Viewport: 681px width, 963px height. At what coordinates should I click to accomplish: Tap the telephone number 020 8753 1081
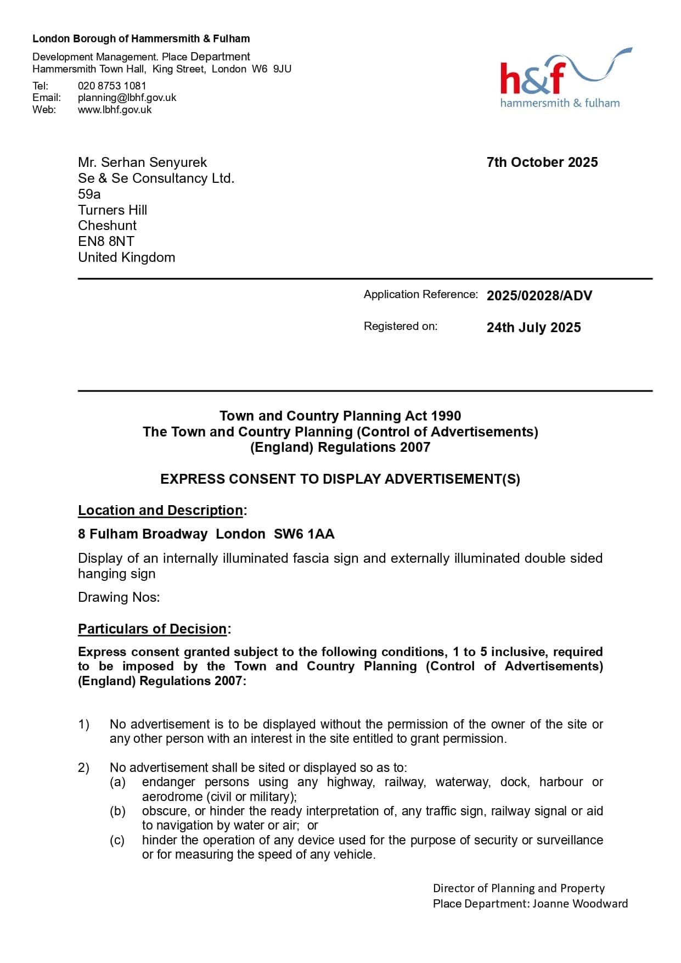[x=112, y=86]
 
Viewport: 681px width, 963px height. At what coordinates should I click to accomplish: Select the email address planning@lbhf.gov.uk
[x=127, y=98]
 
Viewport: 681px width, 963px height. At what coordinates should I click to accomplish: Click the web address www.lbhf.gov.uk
[x=115, y=110]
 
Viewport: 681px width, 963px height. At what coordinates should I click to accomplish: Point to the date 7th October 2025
[x=542, y=163]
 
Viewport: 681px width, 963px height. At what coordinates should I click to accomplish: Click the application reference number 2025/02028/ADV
[x=539, y=296]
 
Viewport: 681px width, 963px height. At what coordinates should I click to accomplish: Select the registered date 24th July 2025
[x=533, y=328]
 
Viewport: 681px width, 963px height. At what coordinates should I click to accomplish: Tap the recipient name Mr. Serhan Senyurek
[x=142, y=163]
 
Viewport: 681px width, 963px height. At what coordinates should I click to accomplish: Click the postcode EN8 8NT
[x=106, y=242]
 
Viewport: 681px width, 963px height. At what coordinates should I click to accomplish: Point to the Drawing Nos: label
[x=119, y=597]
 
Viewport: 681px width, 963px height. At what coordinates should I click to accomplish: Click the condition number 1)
[x=83, y=725]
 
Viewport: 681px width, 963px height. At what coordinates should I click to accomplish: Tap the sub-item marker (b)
[x=117, y=811]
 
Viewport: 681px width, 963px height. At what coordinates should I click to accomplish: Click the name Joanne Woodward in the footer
[x=580, y=904]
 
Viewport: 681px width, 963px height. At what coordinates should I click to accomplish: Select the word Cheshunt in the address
[x=107, y=226]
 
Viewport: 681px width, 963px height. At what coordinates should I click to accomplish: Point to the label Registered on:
[x=400, y=327]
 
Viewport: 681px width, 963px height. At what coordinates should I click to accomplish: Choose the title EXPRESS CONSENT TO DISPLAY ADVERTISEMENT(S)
[x=340, y=479]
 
